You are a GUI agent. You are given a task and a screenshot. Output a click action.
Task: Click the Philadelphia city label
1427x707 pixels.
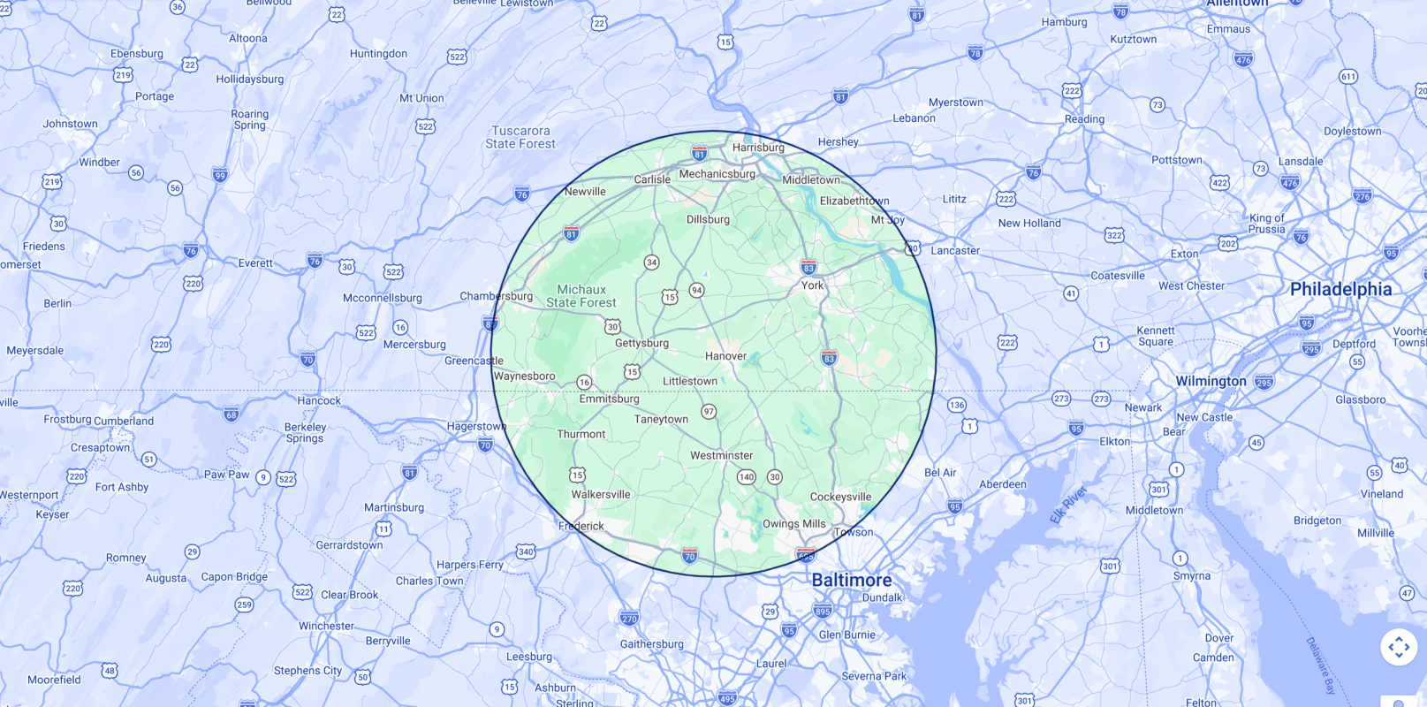click(1340, 289)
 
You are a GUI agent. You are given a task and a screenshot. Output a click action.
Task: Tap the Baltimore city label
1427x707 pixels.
click(851, 580)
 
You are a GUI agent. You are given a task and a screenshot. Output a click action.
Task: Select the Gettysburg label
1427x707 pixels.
click(641, 343)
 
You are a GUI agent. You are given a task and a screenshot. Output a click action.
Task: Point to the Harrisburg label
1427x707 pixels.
click(758, 148)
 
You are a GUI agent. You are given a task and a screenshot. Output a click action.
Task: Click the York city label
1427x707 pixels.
click(812, 285)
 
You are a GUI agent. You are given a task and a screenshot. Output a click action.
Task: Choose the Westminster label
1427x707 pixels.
click(721, 455)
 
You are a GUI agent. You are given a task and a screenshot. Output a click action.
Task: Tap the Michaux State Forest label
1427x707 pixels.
click(581, 296)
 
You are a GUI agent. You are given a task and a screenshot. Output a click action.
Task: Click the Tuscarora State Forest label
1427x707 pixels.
click(520, 137)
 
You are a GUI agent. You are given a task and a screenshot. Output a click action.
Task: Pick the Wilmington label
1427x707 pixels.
click(1211, 381)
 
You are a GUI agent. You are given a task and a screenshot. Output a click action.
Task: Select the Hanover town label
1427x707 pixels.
click(725, 356)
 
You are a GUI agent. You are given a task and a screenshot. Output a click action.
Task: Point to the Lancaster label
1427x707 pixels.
click(955, 250)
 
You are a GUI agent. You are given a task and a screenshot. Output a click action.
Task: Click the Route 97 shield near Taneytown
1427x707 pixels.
click(709, 411)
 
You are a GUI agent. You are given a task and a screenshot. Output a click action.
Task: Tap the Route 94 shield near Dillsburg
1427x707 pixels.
click(697, 290)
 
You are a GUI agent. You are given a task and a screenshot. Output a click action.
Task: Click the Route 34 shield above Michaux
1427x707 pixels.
click(651, 262)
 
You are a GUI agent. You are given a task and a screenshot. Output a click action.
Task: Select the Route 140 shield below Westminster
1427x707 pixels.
click(747, 477)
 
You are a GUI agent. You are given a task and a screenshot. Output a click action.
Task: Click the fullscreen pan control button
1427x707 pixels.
click(1399, 648)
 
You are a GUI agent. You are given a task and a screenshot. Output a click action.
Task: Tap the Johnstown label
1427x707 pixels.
click(71, 124)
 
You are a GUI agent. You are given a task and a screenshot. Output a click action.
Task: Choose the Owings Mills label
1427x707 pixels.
click(793, 523)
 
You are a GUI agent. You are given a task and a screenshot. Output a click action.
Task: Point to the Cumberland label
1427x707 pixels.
click(124, 421)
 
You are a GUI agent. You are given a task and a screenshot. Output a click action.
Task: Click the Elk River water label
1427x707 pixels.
click(1068, 505)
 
